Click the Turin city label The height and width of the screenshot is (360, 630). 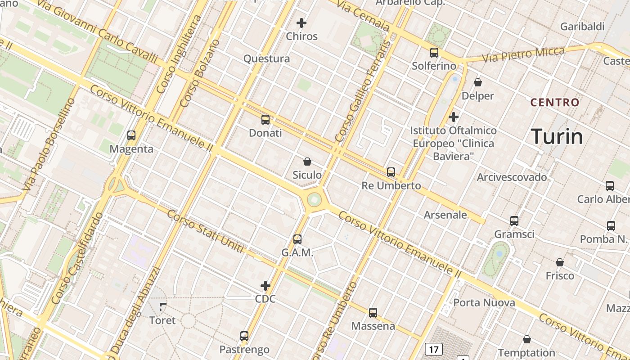(x=557, y=136)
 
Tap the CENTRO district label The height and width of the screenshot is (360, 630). (x=555, y=103)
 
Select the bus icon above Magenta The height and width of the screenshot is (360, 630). (x=131, y=135)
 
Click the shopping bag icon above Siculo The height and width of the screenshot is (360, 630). (x=307, y=161)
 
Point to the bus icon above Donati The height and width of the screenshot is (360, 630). (x=265, y=119)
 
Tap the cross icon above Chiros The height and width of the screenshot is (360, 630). (x=301, y=22)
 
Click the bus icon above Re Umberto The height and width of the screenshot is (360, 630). (x=391, y=172)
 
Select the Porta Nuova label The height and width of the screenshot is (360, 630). (x=484, y=302)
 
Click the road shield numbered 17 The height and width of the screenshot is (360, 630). (x=434, y=349)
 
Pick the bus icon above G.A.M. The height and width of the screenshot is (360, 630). (x=297, y=239)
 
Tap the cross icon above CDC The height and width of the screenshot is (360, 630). (x=265, y=285)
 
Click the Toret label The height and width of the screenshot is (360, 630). (x=162, y=320)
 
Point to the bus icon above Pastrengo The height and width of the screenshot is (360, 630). (x=244, y=336)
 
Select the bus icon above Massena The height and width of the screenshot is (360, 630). (x=373, y=312)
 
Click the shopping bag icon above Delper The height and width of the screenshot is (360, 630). (x=478, y=82)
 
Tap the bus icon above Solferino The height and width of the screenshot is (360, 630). (x=434, y=52)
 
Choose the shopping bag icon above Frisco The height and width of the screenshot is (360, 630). (x=560, y=262)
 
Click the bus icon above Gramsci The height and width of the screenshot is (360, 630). (x=514, y=220)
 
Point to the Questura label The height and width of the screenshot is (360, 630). (x=267, y=58)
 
